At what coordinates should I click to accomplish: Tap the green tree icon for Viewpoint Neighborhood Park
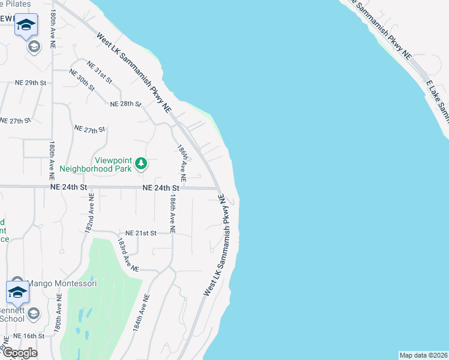(141, 163)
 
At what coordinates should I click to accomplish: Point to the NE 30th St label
(82, 80)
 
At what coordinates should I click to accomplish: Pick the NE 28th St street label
(125, 104)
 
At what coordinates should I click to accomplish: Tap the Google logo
(19, 353)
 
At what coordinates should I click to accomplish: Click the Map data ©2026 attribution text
(423, 355)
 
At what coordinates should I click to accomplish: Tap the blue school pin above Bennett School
(17, 293)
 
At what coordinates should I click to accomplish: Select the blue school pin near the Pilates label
(26, 25)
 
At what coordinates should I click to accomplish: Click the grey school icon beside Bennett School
(34, 313)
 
